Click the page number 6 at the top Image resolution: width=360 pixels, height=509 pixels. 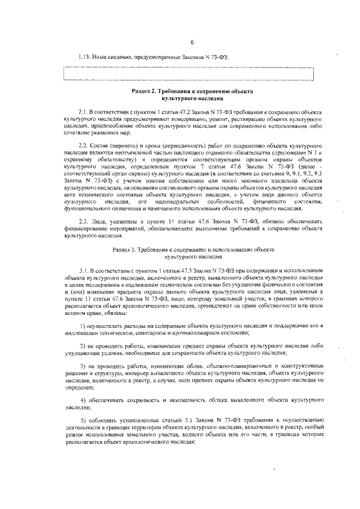coord(192,43)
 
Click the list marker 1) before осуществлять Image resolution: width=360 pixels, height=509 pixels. coord(83,327)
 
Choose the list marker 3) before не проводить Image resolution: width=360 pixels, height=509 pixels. coord(83,366)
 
